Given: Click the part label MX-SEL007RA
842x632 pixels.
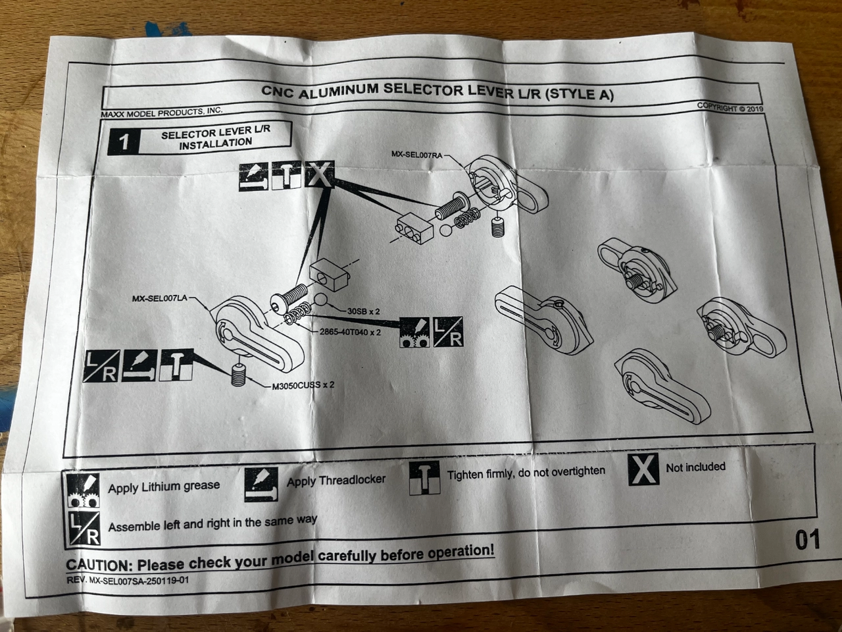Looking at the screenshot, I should click(416, 154).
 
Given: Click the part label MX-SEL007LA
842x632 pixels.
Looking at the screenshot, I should click(159, 298).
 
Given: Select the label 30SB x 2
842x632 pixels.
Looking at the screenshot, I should click(364, 310).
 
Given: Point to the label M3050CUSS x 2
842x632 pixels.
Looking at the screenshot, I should click(303, 386).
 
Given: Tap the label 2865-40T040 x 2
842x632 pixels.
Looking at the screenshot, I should click(350, 332).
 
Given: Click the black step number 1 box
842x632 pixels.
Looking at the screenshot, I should click(124, 142).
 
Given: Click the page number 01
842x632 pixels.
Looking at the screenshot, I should click(807, 540).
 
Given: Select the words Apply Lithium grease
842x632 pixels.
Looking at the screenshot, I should click(164, 487).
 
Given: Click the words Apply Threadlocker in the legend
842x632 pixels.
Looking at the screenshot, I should click(336, 481).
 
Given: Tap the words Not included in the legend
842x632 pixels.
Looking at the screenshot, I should click(695, 467).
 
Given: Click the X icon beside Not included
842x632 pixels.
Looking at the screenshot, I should click(643, 469).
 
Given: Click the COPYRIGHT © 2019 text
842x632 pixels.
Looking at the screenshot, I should click(730, 107).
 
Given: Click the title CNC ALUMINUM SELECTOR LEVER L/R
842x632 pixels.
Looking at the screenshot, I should click(437, 92).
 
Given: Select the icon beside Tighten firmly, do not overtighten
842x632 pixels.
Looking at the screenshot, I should click(424, 477).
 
